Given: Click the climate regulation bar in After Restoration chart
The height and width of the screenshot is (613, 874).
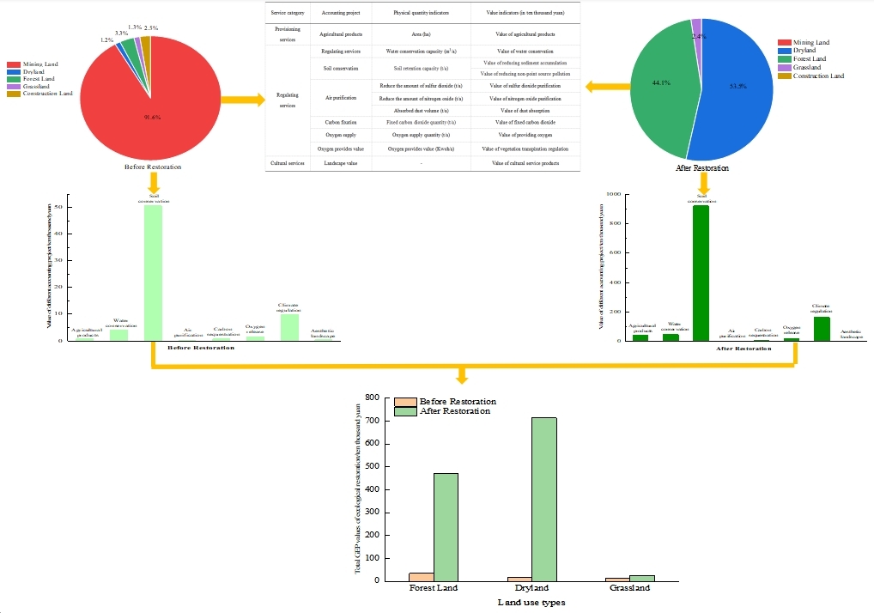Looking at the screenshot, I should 822,329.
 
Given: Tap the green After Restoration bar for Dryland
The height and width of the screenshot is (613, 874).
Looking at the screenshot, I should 543,499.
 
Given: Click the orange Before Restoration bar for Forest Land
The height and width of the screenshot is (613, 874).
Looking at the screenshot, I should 422,576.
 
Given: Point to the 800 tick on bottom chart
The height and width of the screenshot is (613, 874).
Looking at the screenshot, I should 372,398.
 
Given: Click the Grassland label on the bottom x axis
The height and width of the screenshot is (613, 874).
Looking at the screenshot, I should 629,589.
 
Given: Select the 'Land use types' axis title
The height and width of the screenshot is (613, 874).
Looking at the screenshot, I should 531,603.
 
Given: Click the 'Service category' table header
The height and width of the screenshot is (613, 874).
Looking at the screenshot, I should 286,14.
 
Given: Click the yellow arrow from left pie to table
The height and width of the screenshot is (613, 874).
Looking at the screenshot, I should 243,100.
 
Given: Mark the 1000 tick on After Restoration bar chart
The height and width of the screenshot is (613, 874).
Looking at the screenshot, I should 613,195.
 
